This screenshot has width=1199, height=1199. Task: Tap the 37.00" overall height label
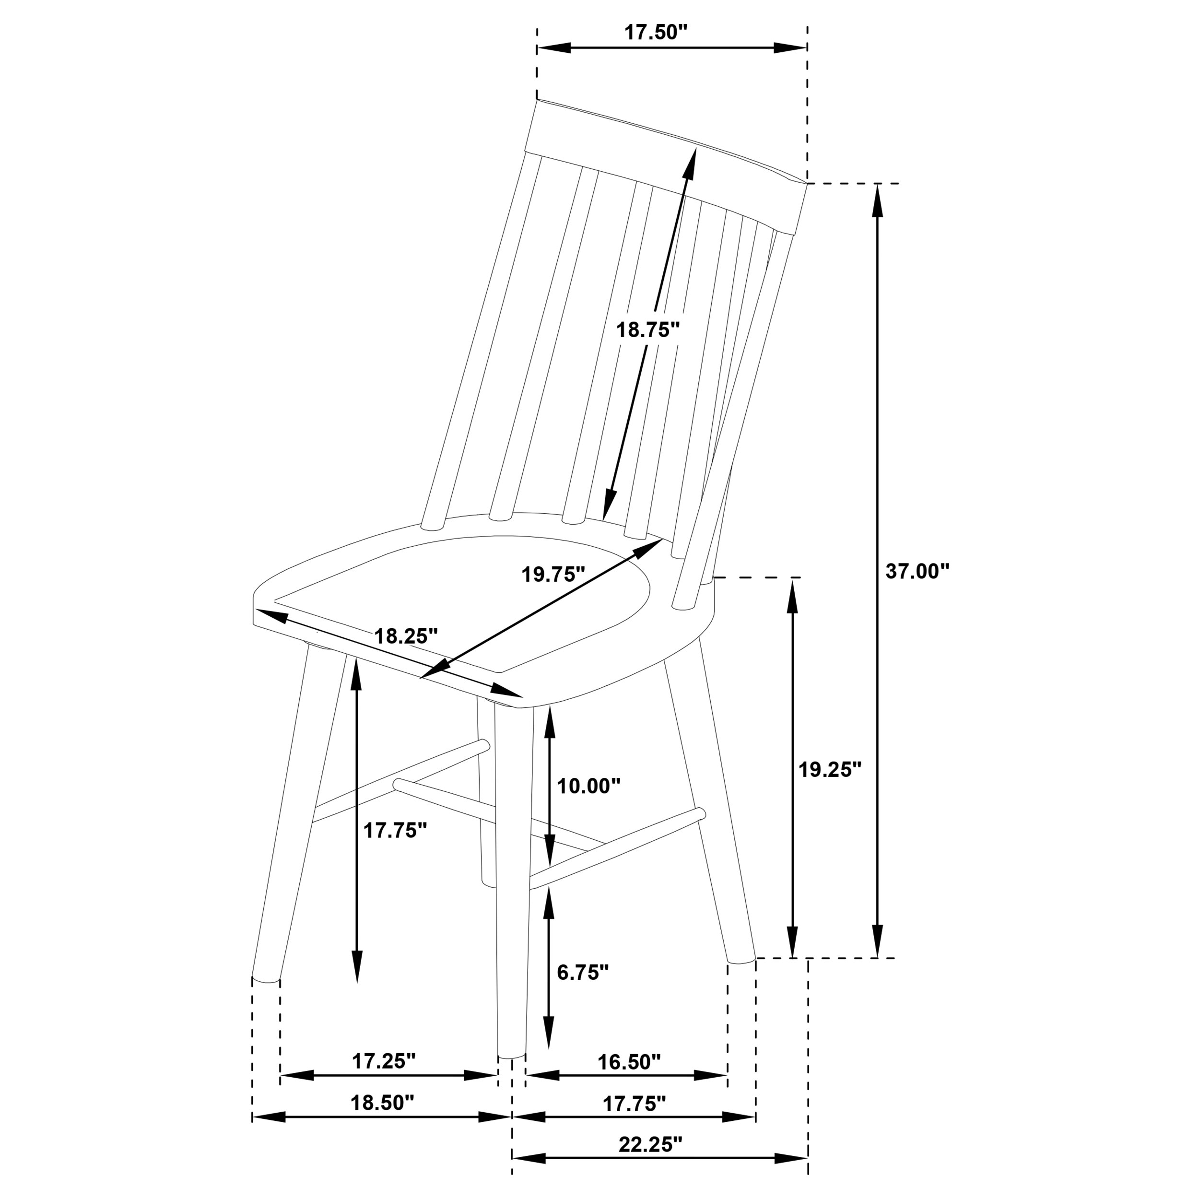tap(917, 571)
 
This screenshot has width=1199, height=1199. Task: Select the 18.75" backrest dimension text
tap(648, 329)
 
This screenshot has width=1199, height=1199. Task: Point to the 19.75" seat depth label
tap(553, 574)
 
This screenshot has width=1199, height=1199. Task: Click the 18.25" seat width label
tap(406, 636)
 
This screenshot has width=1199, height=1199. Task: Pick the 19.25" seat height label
tap(830, 770)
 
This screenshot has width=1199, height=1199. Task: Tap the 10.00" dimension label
tap(588, 786)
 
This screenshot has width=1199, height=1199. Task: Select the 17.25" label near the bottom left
tap(384, 1061)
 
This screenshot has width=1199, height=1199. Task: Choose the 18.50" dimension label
tap(382, 1103)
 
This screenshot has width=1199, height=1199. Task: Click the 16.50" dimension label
tap(629, 1062)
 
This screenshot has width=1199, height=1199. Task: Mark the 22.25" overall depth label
tap(650, 1144)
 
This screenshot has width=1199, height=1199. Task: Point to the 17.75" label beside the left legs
tap(395, 830)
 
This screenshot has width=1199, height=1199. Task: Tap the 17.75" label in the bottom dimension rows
tap(634, 1104)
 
